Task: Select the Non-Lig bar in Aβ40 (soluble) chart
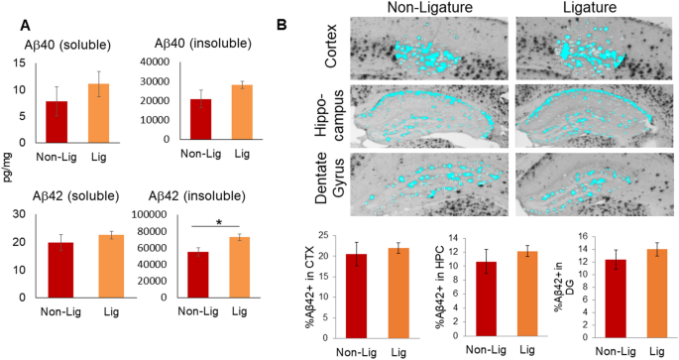[x=57, y=109]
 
